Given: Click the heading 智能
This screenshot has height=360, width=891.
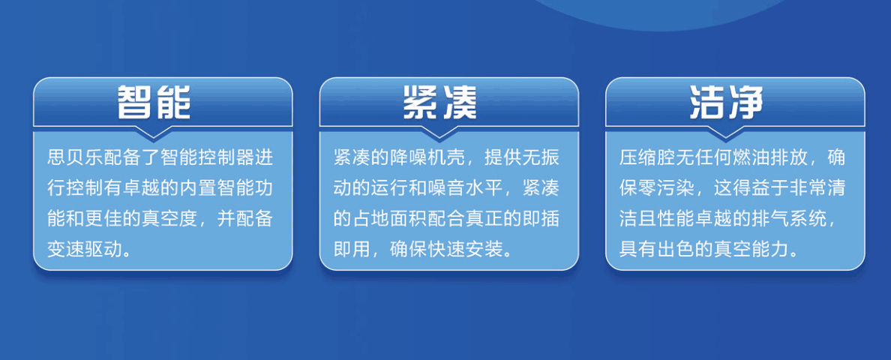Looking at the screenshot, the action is (x=153, y=102).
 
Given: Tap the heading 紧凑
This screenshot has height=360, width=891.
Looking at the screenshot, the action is (x=439, y=102).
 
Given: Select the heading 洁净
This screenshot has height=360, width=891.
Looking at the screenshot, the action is (x=726, y=102).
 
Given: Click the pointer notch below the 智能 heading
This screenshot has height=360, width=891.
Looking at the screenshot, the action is (x=153, y=132).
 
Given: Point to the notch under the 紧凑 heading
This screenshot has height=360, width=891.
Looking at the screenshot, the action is (x=439, y=132).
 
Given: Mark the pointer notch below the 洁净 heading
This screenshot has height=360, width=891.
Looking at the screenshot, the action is (x=726, y=132).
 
